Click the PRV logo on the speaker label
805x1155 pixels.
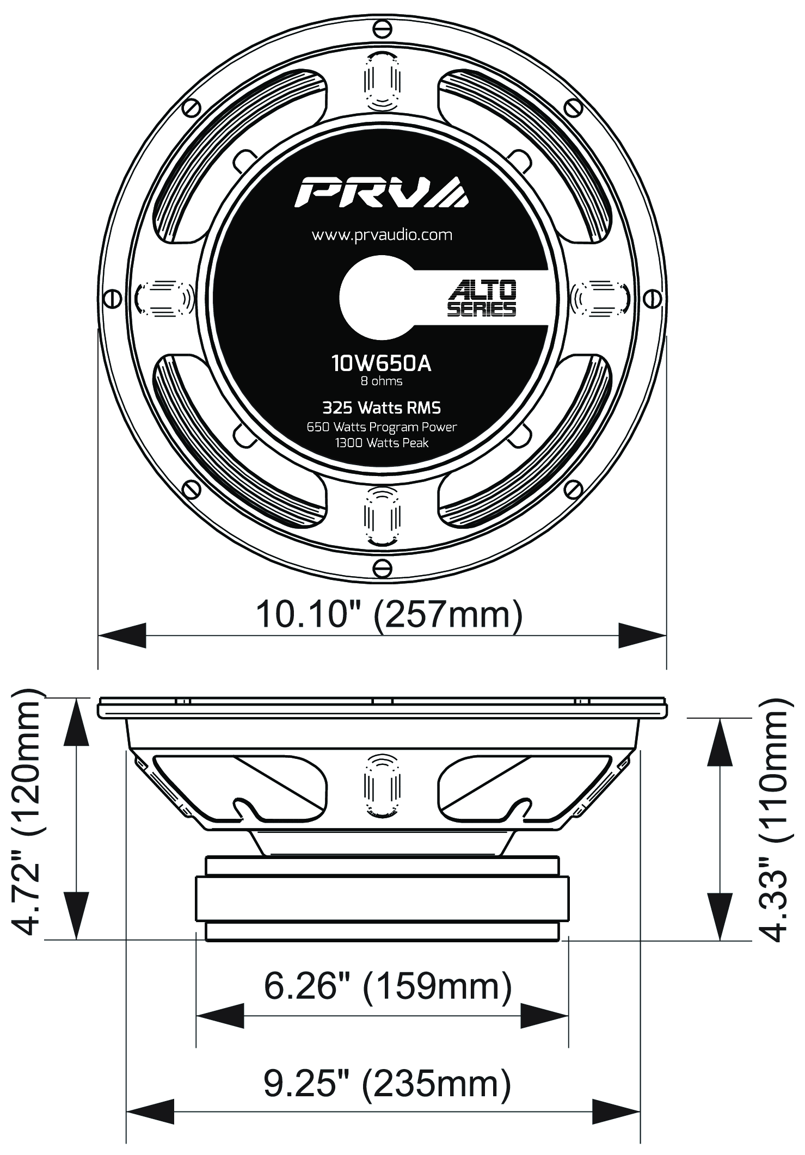381,192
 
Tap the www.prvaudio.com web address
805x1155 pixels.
382,235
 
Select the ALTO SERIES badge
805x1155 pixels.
482,298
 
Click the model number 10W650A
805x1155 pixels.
382,363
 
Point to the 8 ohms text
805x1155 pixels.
382,381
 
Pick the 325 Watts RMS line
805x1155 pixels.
382,407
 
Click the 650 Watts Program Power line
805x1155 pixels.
382,427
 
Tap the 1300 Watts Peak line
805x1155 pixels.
382,443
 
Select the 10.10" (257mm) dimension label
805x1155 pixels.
389,614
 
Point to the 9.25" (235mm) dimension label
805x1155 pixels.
387,1084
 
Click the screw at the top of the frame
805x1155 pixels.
382,28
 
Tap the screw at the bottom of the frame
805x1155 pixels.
382,569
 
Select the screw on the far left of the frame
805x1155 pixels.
112,299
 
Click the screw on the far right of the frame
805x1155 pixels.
652,299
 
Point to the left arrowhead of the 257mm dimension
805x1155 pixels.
122,635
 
